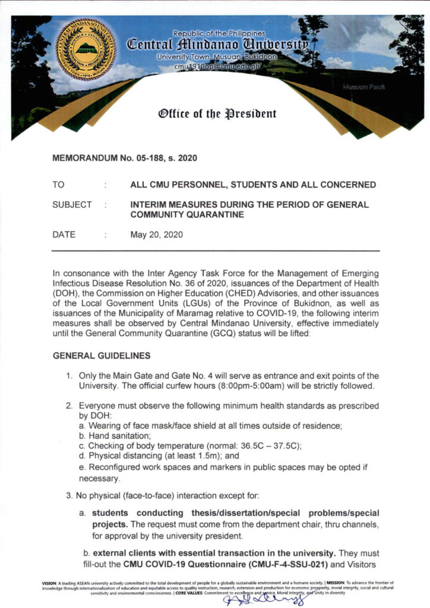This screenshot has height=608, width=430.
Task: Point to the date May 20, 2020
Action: click(157, 235)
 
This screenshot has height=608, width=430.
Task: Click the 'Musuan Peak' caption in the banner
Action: click(364, 87)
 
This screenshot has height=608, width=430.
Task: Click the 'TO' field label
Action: click(58, 185)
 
